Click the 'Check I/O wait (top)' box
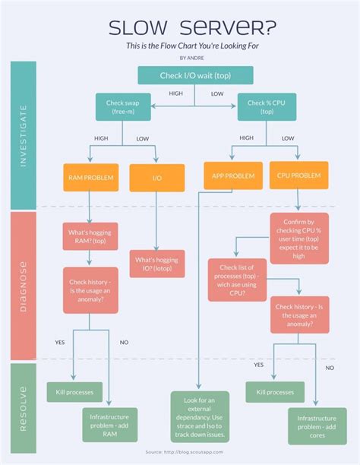coord(195,74)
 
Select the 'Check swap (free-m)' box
coord(122,106)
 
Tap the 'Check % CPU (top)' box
coord(267,106)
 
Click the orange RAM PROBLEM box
coord(90,177)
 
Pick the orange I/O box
coord(156,177)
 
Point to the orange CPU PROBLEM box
coord(298,175)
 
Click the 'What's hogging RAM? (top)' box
coord(90,236)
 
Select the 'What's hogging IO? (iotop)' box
coord(156,264)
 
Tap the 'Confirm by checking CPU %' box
coord(298,237)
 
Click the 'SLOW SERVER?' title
coord(192,28)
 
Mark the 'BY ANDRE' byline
coord(192,57)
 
